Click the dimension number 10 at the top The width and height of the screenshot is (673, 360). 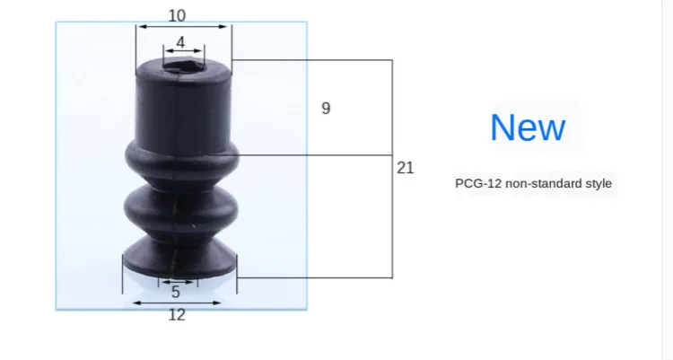pyautogui.click(x=177, y=16)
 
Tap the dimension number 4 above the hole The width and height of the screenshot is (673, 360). pyautogui.click(x=180, y=42)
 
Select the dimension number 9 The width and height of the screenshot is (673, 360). pyautogui.click(x=327, y=109)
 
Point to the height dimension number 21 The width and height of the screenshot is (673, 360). pyautogui.click(x=406, y=168)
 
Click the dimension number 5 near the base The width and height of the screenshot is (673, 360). pyautogui.click(x=176, y=292)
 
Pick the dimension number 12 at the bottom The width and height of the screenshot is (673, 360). pyautogui.click(x=177, y=315)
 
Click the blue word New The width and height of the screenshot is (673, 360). pyautogui.click(x=528, y=127)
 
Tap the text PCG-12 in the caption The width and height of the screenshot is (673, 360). pyautogui.click(x=478, y=183)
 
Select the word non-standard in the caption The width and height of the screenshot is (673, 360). pyautogui.click(x=544, y=183)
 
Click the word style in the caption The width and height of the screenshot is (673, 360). pyautogui.click(x=599, y=184)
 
